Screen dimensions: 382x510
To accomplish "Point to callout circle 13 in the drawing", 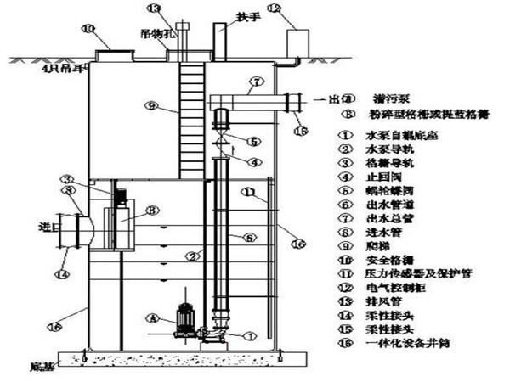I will pos(153,8).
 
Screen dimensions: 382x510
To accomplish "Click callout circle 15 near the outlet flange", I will pos(298,131).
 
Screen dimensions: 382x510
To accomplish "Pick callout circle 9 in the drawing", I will pos(150,107).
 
